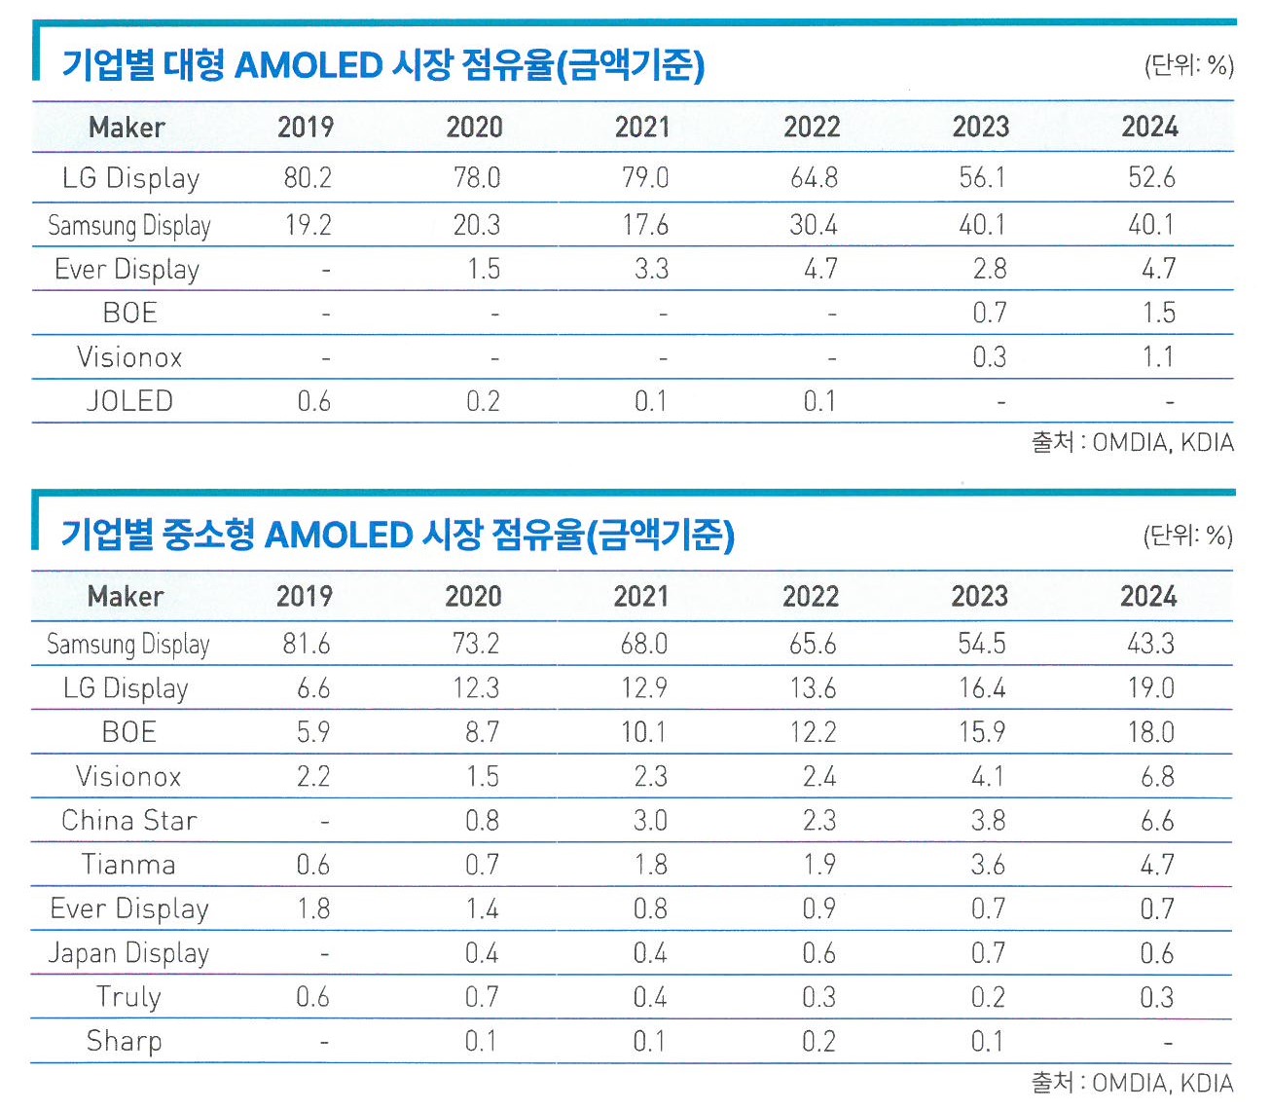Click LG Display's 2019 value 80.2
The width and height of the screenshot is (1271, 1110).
coord(308,178)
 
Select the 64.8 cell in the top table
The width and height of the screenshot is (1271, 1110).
coord(813,178)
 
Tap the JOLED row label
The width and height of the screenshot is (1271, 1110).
coord(129,401)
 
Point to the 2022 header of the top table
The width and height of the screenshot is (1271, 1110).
coord(812,127)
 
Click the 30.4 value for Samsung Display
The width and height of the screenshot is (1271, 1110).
coord(813,225)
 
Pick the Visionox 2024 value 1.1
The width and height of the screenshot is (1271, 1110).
coord(1157,357)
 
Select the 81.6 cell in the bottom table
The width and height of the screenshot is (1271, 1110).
coord(307,644)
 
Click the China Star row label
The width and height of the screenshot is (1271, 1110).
coord(129,821)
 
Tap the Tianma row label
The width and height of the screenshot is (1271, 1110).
coord(128,865)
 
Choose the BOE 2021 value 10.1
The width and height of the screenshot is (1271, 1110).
coord(643,732)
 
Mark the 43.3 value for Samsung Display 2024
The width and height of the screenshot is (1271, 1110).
coord(1150,644)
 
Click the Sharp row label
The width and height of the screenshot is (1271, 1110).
coord(125,1041)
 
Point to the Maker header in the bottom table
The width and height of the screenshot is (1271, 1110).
coord(126,596)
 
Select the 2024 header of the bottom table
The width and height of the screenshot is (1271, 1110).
coord(1148,596)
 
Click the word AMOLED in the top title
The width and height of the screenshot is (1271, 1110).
coord(309,65)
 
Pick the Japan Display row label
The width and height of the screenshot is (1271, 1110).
coord(128,953)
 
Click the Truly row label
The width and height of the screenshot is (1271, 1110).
coord(128,997)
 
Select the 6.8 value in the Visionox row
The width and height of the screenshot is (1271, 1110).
coord(1157,777)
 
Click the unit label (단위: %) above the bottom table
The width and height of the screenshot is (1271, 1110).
coord(1187,536)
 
